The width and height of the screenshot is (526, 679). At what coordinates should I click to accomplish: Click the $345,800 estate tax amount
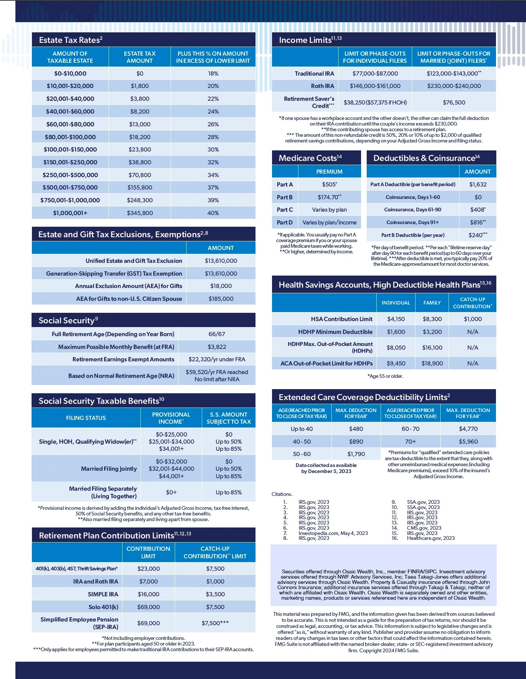coord(140,213)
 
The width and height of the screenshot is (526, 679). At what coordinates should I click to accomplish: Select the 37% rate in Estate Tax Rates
coord(213,187)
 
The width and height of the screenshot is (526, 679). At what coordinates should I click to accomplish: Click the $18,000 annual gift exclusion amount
coord(221,286)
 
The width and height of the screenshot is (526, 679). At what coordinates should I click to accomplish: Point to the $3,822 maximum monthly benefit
coord(217,347)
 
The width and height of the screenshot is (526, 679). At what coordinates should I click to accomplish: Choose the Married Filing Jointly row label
coord(109,468)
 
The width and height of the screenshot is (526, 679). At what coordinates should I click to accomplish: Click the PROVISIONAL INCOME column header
coord(171,418)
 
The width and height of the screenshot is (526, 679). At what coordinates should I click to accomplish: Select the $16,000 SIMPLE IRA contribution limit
coord(148,594)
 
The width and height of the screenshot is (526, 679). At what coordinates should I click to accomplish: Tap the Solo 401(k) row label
coord(103,607)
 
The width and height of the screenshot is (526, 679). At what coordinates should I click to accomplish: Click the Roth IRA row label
coord(322,86)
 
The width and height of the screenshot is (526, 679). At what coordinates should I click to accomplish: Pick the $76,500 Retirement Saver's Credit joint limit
coord(454,102)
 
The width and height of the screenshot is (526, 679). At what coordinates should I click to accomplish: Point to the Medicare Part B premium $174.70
coord(329,197)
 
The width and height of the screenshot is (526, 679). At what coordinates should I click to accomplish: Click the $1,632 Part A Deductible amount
coord(478,184)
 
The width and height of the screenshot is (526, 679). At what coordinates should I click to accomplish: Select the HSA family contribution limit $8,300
coord(432,319)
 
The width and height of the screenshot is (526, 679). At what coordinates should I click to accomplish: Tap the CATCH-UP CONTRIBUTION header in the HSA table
coord(472,303)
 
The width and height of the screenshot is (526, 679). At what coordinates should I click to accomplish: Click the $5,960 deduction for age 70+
coord(468,441)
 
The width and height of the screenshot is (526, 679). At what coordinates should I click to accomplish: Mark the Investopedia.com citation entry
coord(333,533)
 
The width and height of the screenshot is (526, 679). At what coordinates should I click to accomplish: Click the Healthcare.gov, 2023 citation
coord(431,538)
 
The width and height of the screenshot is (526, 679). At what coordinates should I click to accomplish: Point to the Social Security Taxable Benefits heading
coord(101,401)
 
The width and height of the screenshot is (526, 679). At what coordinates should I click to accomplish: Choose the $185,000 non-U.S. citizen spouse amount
coord(221,299)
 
